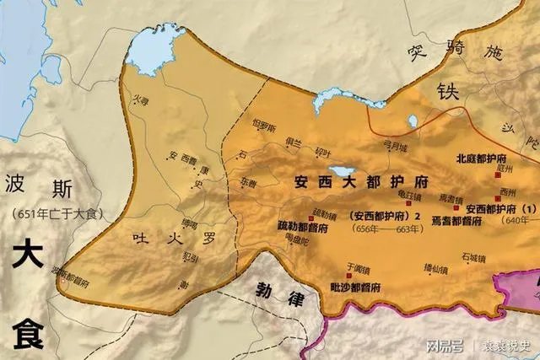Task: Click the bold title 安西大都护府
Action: click(363, 181)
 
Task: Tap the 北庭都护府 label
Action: click(483, 159)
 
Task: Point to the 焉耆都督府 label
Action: click(454, 220)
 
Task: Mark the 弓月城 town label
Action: click(396, 145)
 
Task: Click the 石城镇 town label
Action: click(473, 255)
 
